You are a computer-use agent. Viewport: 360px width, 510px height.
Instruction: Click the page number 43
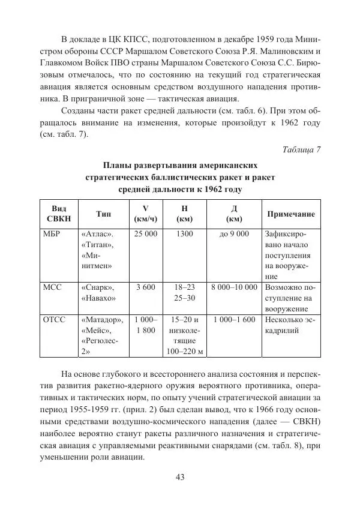click(x=179, y=477)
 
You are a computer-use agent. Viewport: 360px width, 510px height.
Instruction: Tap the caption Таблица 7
click(x=301, y=149)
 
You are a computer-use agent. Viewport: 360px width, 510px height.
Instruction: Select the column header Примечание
click(x=290, y=214)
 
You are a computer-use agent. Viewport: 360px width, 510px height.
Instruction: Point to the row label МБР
click(x=53, y=234)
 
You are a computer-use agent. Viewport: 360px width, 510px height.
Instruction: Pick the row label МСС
click(x=53, y=287)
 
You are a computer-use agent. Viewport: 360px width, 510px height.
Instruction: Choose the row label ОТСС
click(x=55, y=320)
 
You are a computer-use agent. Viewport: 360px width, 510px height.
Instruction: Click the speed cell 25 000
click(x=145, y=234)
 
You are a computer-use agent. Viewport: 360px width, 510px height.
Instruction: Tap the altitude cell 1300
click(x=185, y=234)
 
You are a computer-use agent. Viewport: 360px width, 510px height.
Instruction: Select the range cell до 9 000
click(x=234, y=234)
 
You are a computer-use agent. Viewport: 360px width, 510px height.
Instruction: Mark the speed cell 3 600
click(x=145, y=287)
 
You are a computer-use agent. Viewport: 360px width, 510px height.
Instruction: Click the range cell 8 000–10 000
click(x=234, y=287)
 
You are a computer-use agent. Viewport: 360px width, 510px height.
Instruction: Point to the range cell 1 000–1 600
click(x=234, y=320)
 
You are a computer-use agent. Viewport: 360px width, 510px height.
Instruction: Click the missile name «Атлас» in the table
click(x=97, y=234)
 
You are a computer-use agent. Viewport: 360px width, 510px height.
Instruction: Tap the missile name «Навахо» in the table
click(x=98, y=298)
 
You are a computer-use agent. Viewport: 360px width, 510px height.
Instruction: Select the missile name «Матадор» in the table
click(x=102, y=320)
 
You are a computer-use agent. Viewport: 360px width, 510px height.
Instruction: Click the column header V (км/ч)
click(x=145, y=214)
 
